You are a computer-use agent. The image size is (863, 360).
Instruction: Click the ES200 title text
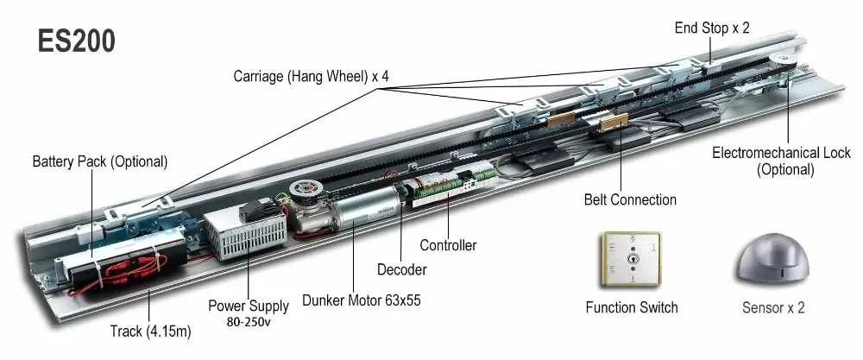point(76,41)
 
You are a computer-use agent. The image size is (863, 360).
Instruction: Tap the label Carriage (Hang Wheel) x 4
point(311,76)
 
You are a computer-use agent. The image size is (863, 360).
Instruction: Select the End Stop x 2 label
point(712,28)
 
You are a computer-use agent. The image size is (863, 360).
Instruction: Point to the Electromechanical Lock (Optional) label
point(781,161)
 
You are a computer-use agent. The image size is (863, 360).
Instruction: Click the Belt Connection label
point(631,200)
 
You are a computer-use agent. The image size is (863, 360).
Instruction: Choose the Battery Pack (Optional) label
point(100,162)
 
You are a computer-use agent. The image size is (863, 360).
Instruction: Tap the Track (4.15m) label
point(148,332)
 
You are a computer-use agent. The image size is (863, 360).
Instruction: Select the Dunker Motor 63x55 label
point(361,301)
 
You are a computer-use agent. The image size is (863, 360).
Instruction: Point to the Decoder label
point(402,270)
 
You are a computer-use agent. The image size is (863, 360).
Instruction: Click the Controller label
point(448,245)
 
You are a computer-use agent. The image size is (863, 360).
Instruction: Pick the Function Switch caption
point(632,307)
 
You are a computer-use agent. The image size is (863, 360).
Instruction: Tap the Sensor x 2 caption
point(773,307)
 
